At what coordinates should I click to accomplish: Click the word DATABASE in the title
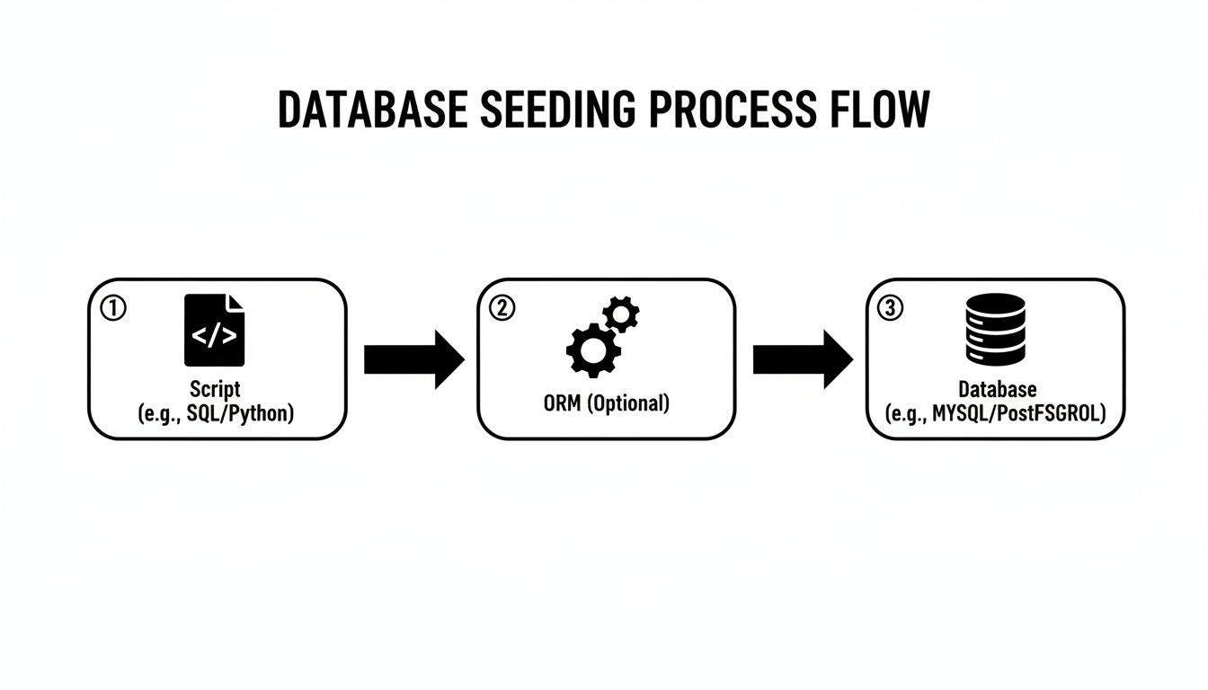(372, 110)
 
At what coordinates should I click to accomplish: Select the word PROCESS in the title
(728, 110)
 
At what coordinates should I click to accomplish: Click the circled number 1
(112, 308)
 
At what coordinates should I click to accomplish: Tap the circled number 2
(501, 308)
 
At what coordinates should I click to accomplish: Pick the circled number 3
(889, 308)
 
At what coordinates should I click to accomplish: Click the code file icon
(214, 330)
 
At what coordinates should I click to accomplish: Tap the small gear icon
(621, 314)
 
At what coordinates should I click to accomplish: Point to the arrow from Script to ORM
(413, 358)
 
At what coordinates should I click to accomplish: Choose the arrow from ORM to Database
(802, 358)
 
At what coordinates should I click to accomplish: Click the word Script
(216, 390)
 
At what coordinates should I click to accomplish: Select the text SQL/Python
(241, 414)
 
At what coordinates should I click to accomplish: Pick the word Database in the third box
(997, 390)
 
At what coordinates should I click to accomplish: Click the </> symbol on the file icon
(214, 336)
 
